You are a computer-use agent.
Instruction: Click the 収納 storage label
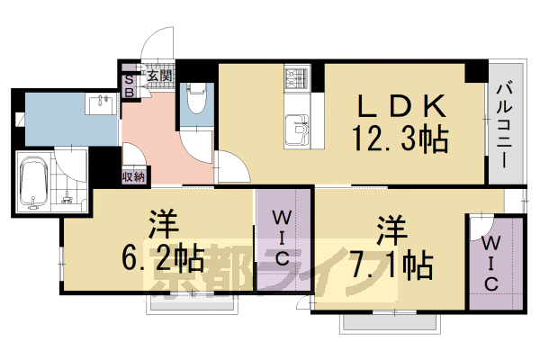pos(134,176)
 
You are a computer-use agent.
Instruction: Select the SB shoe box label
pos(129,85)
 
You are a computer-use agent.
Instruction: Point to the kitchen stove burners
pos(296,78)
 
